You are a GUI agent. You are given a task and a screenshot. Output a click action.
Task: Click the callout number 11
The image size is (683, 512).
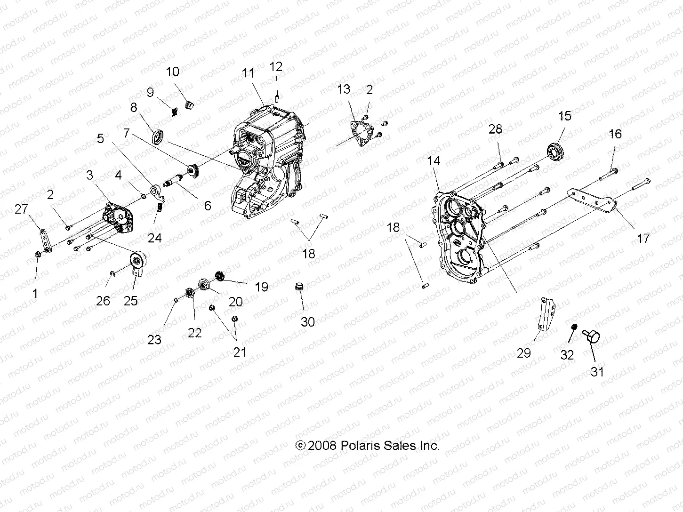pos(248,73)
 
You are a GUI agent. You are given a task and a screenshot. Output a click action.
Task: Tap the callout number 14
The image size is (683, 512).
pos(434,161)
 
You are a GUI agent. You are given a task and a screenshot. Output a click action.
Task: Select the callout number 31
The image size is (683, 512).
pos(597,371)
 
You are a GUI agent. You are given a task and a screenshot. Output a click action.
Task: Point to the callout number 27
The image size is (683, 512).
pos(21,209)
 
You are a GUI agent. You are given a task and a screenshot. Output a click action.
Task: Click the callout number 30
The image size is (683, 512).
pos(308,322)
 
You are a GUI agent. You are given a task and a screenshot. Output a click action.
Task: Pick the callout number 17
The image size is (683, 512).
pos(643,238)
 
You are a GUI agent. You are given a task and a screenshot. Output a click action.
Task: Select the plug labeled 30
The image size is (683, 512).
pos(298,287)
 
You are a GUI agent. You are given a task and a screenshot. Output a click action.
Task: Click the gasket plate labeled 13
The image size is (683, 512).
pos(360,132)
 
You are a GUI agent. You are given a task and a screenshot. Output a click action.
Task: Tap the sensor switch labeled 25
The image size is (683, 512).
pos(138,262)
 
